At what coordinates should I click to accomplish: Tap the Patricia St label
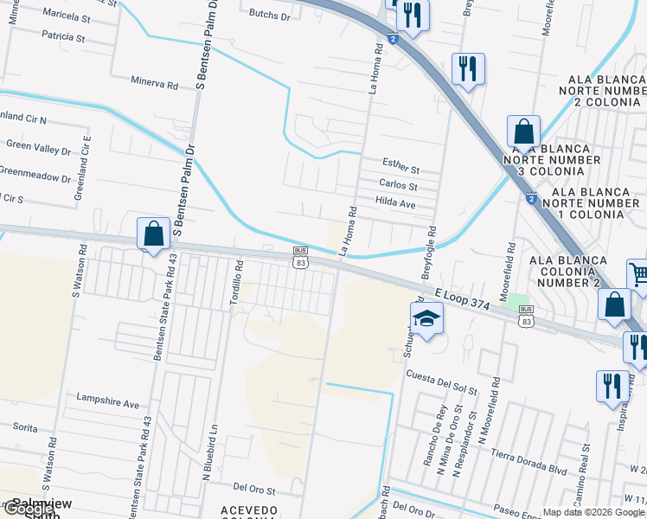tap(62, 38)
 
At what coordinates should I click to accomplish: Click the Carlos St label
tap(398, 186)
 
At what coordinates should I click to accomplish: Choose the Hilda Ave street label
tap(396, 202)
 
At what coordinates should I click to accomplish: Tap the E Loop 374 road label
tap(464, 297)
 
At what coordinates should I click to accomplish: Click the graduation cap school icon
tap(426, 318)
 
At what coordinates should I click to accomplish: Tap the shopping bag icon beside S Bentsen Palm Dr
tap(153, 234)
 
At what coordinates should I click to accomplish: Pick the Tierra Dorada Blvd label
tap(528, 463)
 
